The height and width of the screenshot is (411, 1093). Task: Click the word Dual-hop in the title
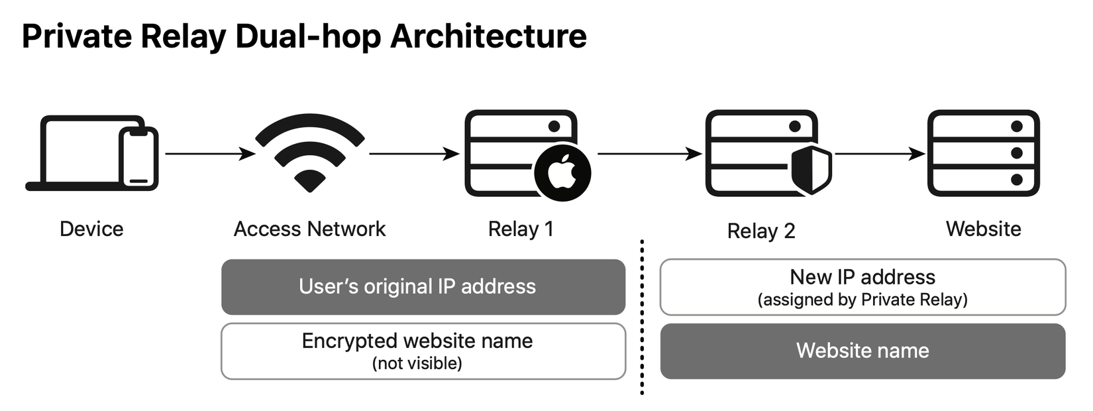(308, 37)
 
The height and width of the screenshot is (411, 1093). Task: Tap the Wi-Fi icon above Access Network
(309, 152)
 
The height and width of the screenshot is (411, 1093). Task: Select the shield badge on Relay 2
(811, 170)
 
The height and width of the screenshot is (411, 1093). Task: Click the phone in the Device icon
(138, 158)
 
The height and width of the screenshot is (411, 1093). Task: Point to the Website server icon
(983, 153)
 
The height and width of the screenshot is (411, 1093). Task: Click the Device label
(91, 229)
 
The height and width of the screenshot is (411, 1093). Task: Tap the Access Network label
(309, 229)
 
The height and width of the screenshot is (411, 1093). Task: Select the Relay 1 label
(521, 229)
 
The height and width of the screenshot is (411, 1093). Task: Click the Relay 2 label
(760, 231)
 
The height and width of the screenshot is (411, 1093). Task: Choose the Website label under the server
(983, 229)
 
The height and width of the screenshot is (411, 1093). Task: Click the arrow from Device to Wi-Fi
(209, 154)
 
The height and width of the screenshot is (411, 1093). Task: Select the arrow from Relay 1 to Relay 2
(649, 154)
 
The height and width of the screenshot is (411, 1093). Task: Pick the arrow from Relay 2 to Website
(880, 154)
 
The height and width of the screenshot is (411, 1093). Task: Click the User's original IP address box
(423, 287)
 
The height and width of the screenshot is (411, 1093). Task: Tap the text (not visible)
(417, 364)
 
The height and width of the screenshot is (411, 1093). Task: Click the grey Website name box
(862, 351)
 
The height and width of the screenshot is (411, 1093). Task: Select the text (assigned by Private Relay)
(862, 300)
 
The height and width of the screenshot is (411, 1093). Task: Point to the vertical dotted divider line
(642, 318)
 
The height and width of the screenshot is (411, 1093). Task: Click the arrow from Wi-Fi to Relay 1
(413, 154)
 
